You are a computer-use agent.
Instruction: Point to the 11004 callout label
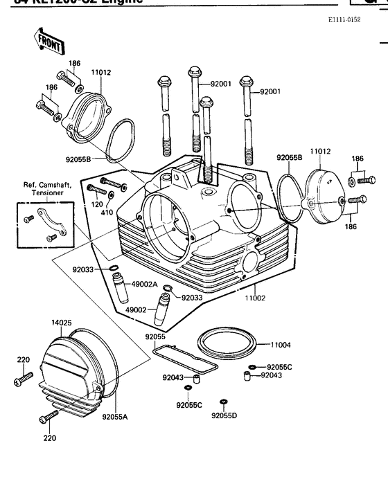(x=281, y=344)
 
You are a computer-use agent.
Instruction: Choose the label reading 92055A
(x=115, y=417)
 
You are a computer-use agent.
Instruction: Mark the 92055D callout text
(x=224, y=415)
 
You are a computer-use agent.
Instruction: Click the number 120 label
(x=96, y=205)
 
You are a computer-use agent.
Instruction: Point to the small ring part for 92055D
(x=223, y=402)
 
